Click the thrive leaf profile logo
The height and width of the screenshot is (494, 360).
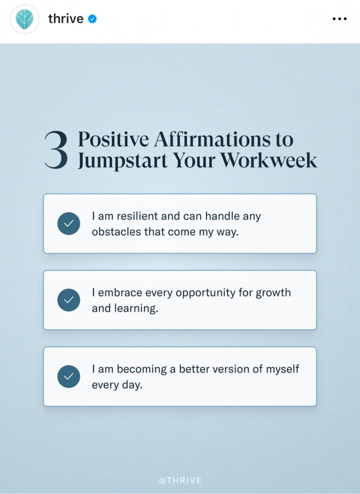click(x=24, y=19)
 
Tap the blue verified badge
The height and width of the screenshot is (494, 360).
click(x=92, y=19)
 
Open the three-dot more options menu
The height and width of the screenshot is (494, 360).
click(x=339, y=19)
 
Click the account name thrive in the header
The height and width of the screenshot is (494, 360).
click(x=66, y=18)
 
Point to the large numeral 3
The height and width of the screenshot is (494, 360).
click(x=56, y=150)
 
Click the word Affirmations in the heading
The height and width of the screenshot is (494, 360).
click(x=212, y=140)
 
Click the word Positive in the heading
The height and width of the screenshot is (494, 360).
click(x=113, y=140)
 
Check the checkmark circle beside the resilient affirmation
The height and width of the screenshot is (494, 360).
click(x=68, y=224)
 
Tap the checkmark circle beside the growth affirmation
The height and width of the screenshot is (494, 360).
click(x=68, y=300)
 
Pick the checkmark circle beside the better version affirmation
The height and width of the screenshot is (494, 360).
click(x=68, y=377)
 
